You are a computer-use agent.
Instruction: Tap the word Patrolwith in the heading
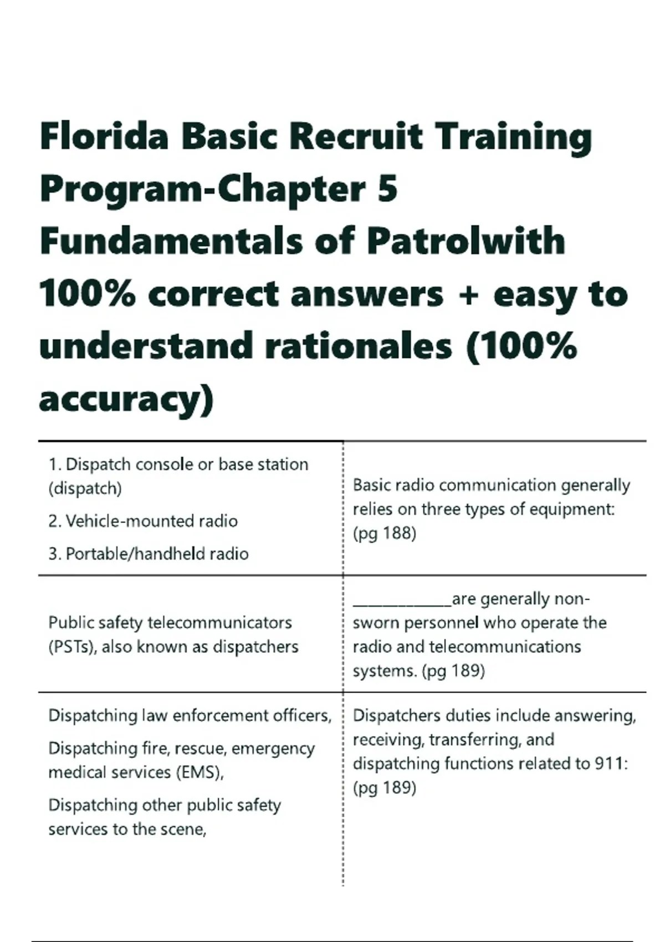click(465, 242)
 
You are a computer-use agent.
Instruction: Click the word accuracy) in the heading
click(126, 399)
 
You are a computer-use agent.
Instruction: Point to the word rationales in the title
click(359, 347)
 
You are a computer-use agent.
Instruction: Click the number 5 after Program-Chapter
click(388, 189)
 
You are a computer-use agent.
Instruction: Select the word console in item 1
click(162, 464)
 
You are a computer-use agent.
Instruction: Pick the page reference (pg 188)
click(385, 533)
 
